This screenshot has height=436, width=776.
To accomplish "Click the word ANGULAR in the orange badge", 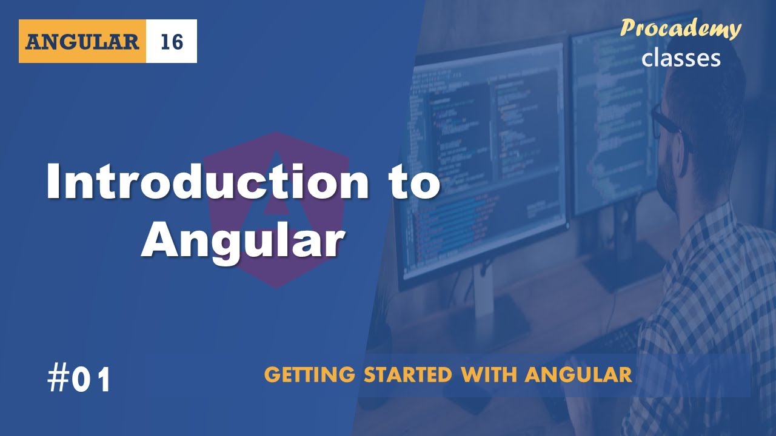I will pyautogui.click(x=82, y=41).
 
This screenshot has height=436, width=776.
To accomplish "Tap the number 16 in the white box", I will pyautogui.click(x=172, y=41).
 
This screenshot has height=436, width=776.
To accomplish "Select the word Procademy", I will pyautogui.click(x=681, y=29).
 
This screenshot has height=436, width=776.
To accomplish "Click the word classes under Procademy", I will pyautogui.click(x=681, y=58).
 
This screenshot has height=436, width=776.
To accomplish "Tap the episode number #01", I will pyautogui.click(x=79, y=380).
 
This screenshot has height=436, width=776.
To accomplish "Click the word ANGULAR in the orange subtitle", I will pyautogui.click(x=578, y=375).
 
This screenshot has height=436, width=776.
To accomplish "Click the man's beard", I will pyautogui.click(x=673, y=182).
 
